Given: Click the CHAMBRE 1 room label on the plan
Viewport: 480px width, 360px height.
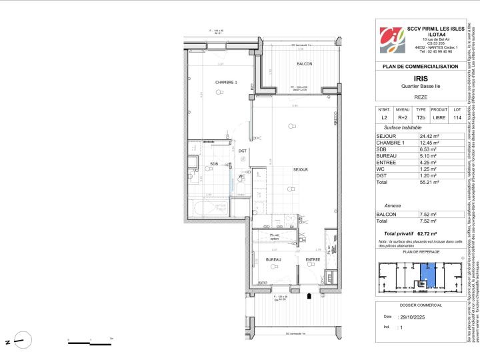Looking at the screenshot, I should point(226,82).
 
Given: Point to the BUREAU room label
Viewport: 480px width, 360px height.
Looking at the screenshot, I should point(273,259).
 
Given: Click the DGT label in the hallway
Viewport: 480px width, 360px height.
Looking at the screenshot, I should point(243,151).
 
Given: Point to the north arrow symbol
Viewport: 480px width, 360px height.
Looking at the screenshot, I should point(24,323).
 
